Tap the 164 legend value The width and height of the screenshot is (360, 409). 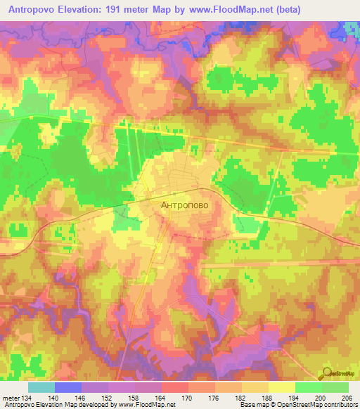point(161,397)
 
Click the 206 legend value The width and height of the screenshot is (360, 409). point(346,397)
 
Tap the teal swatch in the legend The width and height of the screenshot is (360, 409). point(41,387)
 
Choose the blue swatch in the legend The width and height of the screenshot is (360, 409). point(68,387)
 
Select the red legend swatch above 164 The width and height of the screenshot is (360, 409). point(175,387)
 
